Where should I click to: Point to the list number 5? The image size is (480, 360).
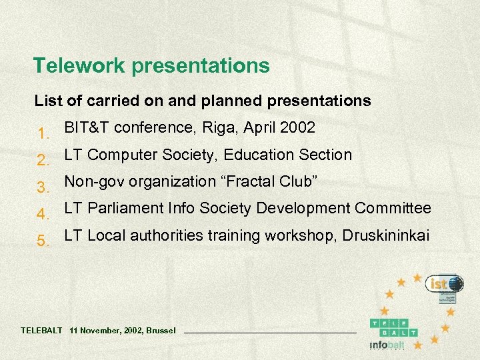(x=43, y=241)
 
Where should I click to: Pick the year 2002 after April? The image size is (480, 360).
(x=299, y=127)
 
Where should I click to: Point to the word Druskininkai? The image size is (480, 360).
(x=386, y=235)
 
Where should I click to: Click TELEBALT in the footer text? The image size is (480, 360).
(x=41, y=330)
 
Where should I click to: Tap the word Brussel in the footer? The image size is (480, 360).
(x=161, y=330)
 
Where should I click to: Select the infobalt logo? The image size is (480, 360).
(x=387, y=345)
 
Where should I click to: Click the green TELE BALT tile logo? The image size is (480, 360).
(x=394, y=327)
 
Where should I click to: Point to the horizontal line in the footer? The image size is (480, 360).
(x=269, y=331)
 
